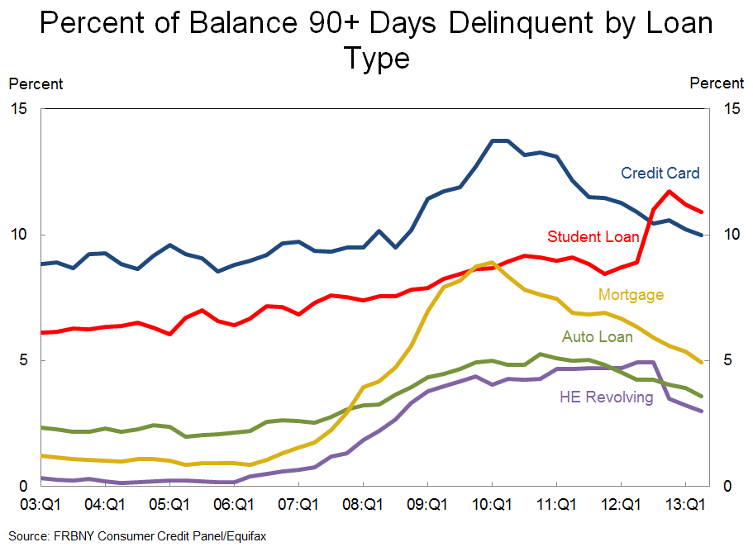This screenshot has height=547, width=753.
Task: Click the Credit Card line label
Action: point(660,174)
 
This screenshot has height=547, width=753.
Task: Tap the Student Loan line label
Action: point(593,237)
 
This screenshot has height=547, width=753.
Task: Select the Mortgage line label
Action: point(631,295)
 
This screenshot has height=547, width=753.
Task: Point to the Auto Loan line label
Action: point(598,337)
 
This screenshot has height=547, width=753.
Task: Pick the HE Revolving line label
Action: point(607,397)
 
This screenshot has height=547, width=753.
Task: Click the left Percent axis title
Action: point(36,83)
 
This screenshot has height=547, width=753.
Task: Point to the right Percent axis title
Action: point(717,83)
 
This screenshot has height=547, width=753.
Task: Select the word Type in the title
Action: point(376,59)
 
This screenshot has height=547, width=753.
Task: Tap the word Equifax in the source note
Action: point(245,535)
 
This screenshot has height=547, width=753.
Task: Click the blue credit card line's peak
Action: point(499,140)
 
